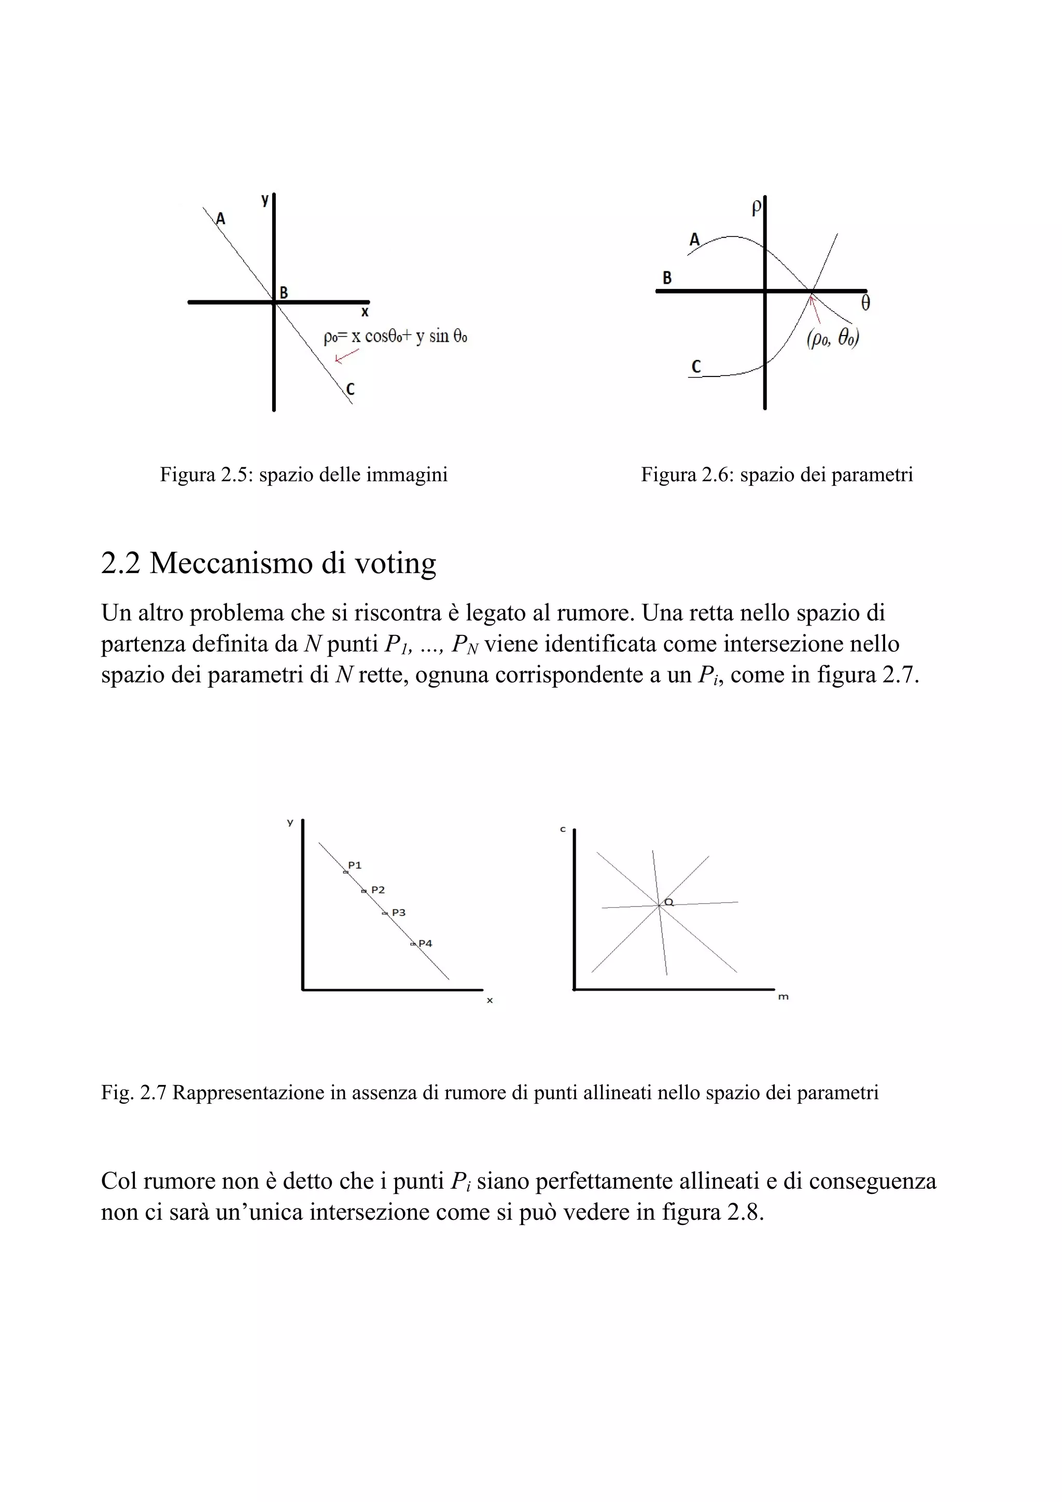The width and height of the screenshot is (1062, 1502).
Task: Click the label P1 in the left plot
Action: [355, 865]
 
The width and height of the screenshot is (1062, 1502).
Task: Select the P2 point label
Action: [378, 889]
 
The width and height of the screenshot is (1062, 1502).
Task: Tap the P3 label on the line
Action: [399, 913]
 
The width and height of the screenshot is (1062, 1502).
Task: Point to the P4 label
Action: [426, 943]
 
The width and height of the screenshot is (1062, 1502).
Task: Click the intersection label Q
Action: [669, 901]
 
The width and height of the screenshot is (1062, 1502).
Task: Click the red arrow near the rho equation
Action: [346, 356]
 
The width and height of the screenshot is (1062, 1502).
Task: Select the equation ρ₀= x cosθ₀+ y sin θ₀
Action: [396, 337]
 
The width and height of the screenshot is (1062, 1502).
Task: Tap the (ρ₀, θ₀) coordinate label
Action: [832, 338]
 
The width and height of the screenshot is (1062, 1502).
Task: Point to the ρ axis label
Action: [756, 208]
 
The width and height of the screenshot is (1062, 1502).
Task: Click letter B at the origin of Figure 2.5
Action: [284, 293]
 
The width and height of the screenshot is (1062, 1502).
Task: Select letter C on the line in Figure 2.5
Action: [351, 389]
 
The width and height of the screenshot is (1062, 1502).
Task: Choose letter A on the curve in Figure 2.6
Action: [694, 240]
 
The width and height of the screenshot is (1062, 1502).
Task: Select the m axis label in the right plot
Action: [784, 997]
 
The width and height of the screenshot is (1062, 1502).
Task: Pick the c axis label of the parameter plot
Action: [563, 829]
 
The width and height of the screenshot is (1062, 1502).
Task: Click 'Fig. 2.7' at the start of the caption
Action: [134, 1092]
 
